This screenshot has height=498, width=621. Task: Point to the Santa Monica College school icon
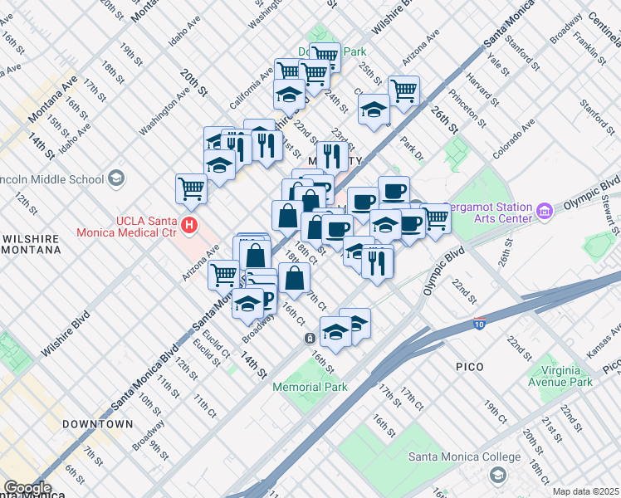[497, 475]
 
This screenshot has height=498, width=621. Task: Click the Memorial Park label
[310, 387]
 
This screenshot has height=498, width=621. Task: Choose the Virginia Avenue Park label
[560, 376]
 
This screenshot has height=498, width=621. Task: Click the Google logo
[27, 488]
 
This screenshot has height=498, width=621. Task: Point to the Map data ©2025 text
[585, 491]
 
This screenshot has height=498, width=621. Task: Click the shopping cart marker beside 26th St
[403, 90]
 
